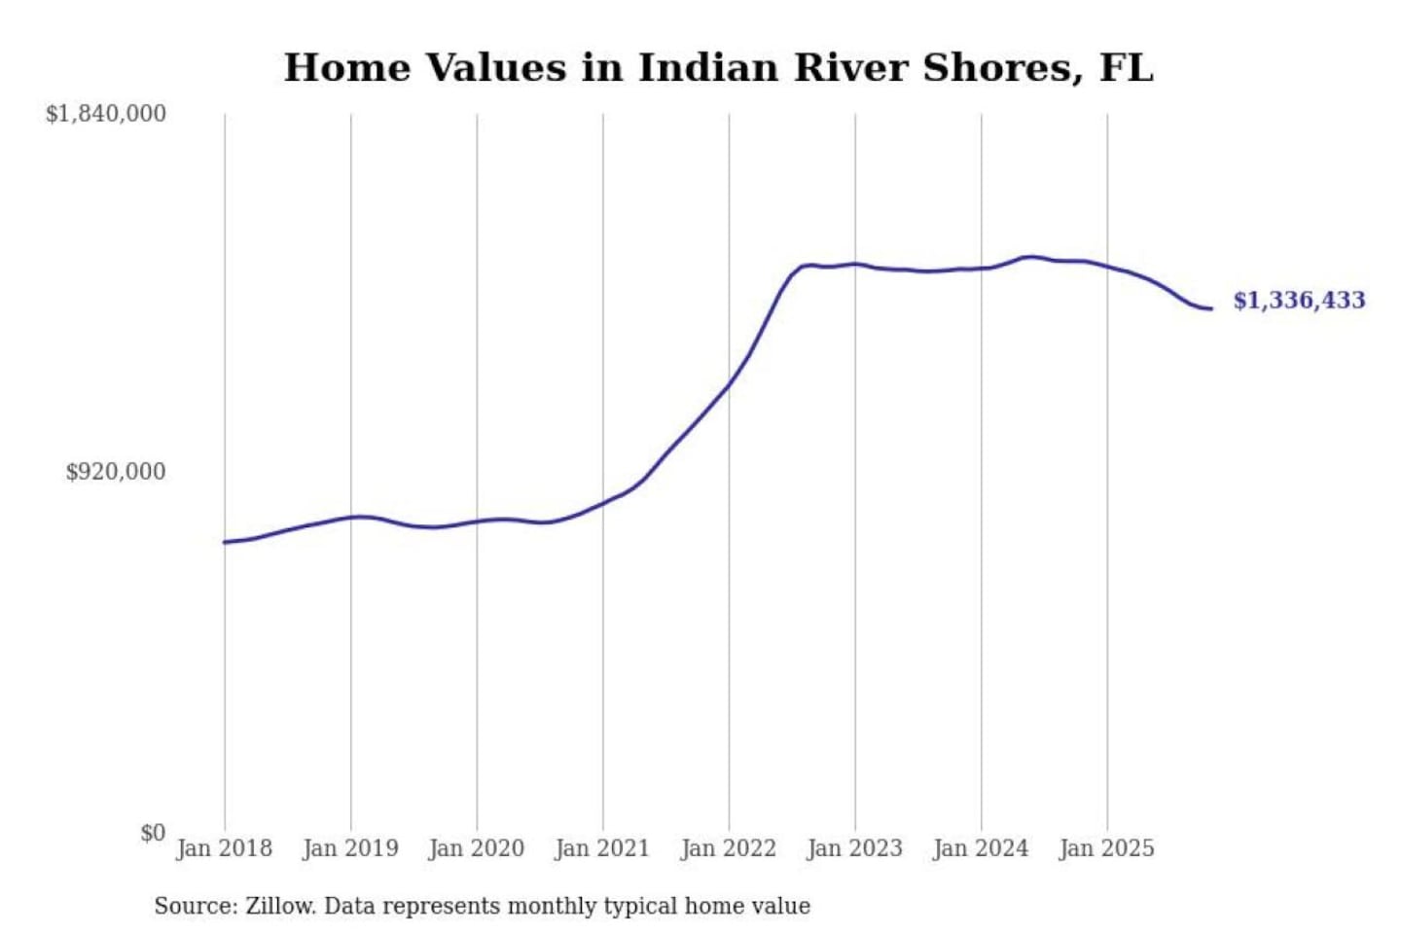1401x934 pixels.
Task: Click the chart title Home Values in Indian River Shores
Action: point(718,68)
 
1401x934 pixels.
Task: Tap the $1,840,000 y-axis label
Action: point(106,114)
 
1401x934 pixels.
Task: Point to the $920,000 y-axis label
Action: point(116,472)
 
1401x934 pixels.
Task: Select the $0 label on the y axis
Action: point(153,833)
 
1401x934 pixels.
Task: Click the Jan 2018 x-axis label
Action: point(225,848)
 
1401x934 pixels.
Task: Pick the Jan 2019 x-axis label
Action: point(350,848)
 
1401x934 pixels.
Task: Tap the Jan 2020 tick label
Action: point(477,848)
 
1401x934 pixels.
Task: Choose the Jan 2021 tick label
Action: point(602,848)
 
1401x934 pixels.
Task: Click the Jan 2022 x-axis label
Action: point(729,848)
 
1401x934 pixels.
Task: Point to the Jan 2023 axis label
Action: point(855,848)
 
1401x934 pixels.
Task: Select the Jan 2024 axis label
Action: point(981,848)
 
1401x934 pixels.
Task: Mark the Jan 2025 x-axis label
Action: point(1107,848)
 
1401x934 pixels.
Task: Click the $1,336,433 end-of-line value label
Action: point(1299,300)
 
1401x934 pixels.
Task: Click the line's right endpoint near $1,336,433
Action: point(1211,308)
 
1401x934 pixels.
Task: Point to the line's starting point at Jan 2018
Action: point(225,542)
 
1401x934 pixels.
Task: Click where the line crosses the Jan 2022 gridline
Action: point(729,383)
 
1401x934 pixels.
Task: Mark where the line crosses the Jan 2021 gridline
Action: point(603,503)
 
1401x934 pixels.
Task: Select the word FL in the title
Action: point(1126,68)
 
